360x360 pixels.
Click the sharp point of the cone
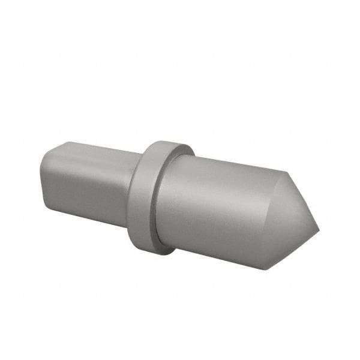tap(319, 229)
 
